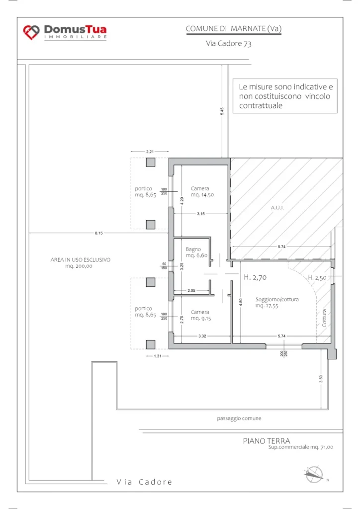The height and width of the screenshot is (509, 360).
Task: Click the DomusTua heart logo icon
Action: [x=31, y=32]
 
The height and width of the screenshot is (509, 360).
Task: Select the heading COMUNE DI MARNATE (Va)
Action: [x=233, y=28]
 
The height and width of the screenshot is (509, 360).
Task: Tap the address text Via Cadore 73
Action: [x=229, y=44]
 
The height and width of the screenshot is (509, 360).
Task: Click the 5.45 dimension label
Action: [x=222, y=111]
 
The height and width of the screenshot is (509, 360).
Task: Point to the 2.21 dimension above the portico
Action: [x=150, y=152]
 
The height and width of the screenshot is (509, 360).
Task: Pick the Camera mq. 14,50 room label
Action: [x=202, y=191]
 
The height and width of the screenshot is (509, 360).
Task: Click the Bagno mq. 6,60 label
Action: [x=196, y=252]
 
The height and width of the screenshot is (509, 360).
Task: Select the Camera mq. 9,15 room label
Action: [x=201, y=315]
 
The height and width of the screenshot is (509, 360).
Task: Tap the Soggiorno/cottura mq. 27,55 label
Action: [x=277, y=303]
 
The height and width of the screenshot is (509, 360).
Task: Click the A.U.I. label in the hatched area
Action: [x=277, y=208]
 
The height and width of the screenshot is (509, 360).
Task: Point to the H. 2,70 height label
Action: [x=255, y=277]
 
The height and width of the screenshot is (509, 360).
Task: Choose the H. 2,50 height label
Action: [x=317, y=277]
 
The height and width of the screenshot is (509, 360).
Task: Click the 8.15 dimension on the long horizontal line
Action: [x=98, y=233]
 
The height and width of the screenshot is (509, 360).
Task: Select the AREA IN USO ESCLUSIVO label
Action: [x=81, y=259]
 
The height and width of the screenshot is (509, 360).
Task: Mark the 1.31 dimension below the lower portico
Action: [x=158, y=356]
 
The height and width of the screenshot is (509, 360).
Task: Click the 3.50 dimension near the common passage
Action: [x=321, y=379]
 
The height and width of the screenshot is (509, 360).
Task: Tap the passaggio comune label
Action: [x=239, y=419]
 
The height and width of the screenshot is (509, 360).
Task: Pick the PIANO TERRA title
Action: [x=267, y=441]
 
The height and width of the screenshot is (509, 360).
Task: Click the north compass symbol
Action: [x=314, y=475]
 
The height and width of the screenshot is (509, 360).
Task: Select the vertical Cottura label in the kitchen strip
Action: [x=324, y=318]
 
